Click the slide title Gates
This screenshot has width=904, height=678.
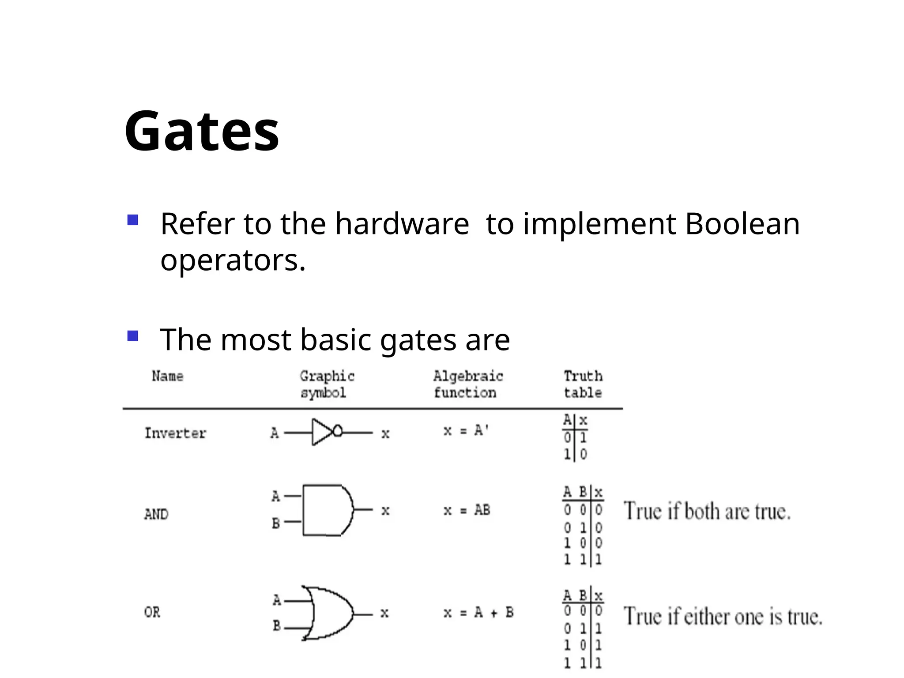(x=202, y=131)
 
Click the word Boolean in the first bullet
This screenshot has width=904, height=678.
(x=742, y=224)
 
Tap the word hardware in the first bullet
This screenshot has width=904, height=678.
(x=402, y=224)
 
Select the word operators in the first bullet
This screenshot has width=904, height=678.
(x=233, y=260)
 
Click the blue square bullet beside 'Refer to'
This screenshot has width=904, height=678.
(x=133, y=220)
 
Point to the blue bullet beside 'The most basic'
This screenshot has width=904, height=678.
(x=133, y=336)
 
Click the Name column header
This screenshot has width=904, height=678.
(x=168, y=377)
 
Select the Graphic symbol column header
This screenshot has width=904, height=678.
(x=327, y=384)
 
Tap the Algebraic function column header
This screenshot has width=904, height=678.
(x=467, y=384)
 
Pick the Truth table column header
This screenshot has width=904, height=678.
(x=583, y=384)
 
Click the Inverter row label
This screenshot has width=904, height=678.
(x=175, y=433)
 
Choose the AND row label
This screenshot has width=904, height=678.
(x=156, y=514)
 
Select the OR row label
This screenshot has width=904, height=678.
(x=152, y=612)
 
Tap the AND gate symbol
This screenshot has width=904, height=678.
(x=328, y=510)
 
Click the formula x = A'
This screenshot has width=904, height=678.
(x=466, y=430)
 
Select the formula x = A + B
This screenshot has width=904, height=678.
(x=478, y=613)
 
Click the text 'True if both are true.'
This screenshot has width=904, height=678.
(x=707, y=512)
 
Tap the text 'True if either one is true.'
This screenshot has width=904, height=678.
(x=723, y=616)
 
